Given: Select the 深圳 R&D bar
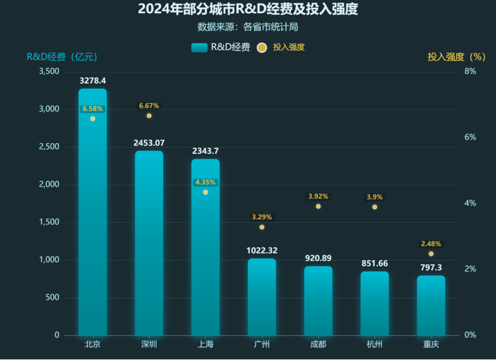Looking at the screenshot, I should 149,245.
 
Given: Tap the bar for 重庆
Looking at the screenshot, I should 431,306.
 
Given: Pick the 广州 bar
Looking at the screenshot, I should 262,297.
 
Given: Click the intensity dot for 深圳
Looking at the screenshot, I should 149,115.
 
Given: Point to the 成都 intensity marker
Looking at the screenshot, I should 318,206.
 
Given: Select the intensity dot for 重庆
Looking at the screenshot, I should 431,254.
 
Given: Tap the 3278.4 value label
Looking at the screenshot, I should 93,80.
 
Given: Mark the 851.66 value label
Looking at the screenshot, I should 375,263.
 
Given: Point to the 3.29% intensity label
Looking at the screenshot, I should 262,217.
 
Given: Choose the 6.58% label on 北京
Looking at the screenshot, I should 93,109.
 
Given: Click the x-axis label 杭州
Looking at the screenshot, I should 375,344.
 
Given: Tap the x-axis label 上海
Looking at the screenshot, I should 205,344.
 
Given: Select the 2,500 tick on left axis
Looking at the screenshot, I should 49,147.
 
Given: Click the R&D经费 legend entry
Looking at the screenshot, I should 221,47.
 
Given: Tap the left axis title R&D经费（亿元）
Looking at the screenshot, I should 62,57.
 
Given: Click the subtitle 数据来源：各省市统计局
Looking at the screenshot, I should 247,27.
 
